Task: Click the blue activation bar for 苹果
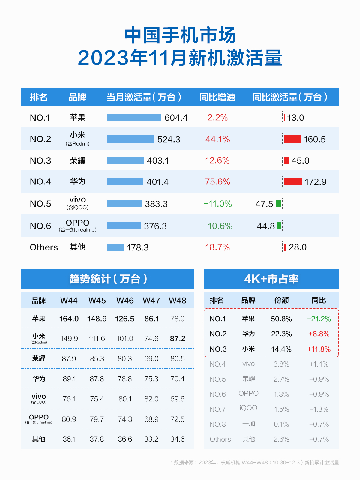(134, 117)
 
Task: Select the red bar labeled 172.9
(293, 181)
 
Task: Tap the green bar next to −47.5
(278, 204)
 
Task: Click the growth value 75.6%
(217, 181)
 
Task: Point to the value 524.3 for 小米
(169, 139)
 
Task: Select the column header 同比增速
(217, 97)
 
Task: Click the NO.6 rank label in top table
(40, 226)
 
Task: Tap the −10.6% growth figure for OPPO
(217, 226)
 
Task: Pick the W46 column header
(125, 301)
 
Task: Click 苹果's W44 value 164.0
(69, 319)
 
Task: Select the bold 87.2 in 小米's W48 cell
(178, 338)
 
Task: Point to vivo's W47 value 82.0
(151, 399)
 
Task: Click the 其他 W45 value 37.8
(97, 439)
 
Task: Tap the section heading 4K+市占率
(271, 279)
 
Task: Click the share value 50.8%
(281, 319)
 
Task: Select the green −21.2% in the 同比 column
(319, 319)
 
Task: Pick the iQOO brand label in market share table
(248, 408)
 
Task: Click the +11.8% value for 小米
(319, 349)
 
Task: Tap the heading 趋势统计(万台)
(108, 279)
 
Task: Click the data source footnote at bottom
(255, 462)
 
